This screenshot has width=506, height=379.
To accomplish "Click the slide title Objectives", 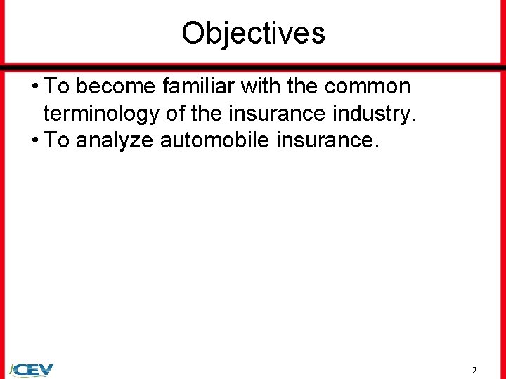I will click(253, 32).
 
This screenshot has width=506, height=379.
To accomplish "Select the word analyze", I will click(115, 141).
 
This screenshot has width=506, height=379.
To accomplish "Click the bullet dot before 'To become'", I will click(34, 87).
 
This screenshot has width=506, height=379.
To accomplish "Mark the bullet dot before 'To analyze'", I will click(34, 141).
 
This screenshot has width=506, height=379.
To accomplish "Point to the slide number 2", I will click(474, 370).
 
